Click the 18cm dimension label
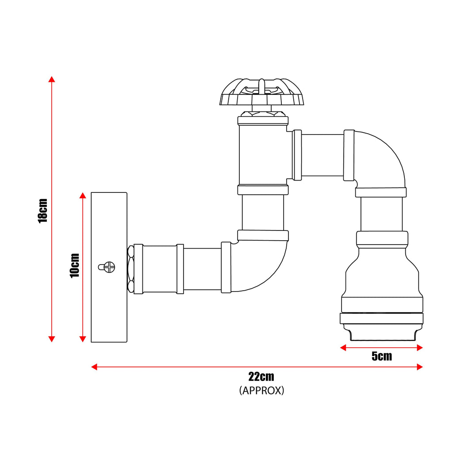[x=43, y=210]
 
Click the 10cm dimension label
[x=75, y=265]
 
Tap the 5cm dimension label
[x=381, y=357]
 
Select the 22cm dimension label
[x=261, y=377]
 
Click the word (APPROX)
[x=261, y=391]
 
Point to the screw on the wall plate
[x=107, y=266]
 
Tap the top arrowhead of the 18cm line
[x=52, y=79]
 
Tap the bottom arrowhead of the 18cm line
[x=52, y=339]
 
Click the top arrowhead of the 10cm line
[x=82, y=196]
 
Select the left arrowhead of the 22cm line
[x=94, y=367]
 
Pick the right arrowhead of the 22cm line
[x=420, y=367]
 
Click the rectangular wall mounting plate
[x=109, y=310]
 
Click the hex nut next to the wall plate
[x=131, y=269]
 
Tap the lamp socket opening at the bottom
[x=382, y=334]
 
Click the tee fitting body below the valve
[x=263, y=155]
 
